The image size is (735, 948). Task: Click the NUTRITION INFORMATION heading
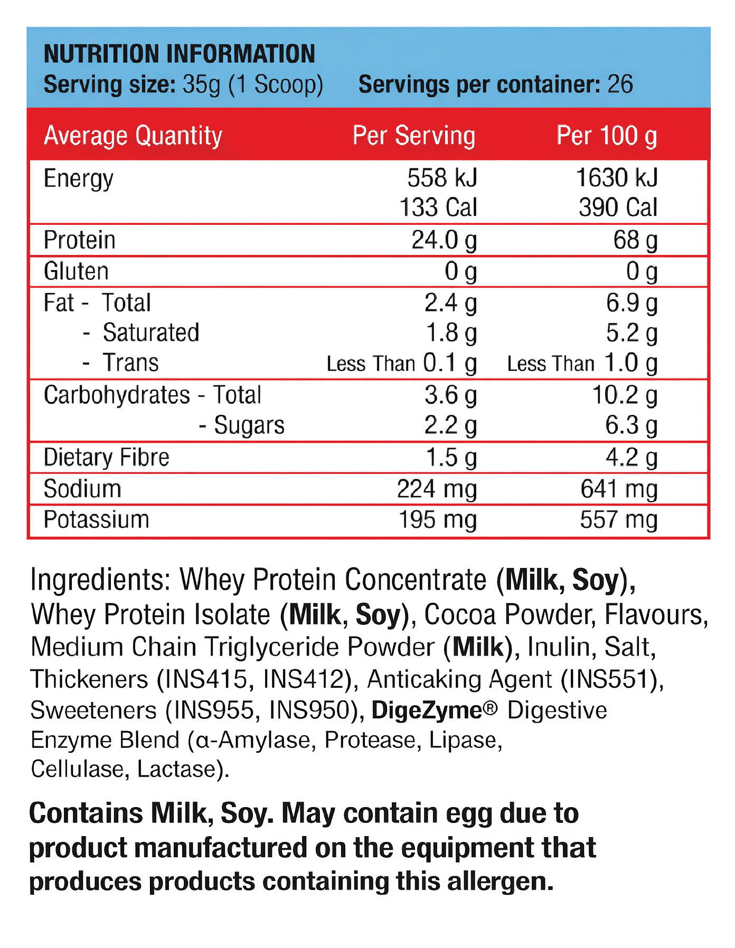(x=179, y=54)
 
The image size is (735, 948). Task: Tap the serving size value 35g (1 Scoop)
(x=252, y=84)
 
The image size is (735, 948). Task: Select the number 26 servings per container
(x=620, y=84)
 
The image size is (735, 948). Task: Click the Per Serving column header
(x=413, y=136)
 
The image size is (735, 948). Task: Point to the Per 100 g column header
(x=607, y=136)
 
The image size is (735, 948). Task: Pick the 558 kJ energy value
(x=442, y=178)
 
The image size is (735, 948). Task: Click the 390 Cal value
(x=618, y=207)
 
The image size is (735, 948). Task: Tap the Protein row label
(x=79, y=240)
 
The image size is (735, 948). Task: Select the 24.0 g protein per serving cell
(x=444, y=240)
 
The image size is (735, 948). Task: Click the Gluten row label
(x=76, y=271)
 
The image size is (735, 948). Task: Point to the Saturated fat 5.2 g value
(x=632, y=333)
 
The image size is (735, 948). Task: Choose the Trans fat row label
(x=130, y=363)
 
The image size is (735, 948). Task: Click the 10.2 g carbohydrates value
(x=625, y=395)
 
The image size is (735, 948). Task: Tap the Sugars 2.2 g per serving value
(x=450, y=425)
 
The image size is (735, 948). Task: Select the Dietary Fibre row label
(x=106, y=457)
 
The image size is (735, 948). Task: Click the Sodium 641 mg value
(x=619, y=489)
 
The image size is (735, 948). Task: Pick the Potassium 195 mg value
(x=437, y=520)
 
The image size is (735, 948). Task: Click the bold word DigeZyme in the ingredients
(x=427, y=710)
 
